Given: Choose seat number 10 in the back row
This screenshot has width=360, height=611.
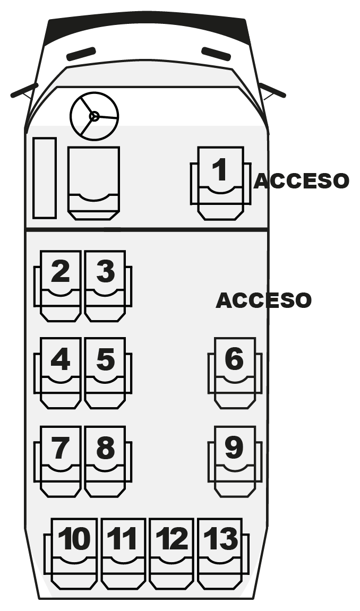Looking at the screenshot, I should click(x=74, y=552).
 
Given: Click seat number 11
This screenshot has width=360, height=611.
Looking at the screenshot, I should click(x=123, y=552).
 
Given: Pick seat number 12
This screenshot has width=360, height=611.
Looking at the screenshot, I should click(x=172, y=552).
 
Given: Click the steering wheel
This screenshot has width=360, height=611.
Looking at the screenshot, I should click(x=94, y=116).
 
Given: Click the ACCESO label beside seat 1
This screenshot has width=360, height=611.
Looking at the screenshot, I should click(x=301, y=181).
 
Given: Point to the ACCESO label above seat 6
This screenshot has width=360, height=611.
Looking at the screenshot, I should click(x=263, y=300).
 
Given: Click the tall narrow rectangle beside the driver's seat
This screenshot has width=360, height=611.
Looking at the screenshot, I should click(x=45, y=178).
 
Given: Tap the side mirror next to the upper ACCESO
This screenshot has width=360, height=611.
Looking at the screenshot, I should click(x=272, y=90).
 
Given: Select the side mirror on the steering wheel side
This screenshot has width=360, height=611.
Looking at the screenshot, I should click(x=24, y=90).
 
